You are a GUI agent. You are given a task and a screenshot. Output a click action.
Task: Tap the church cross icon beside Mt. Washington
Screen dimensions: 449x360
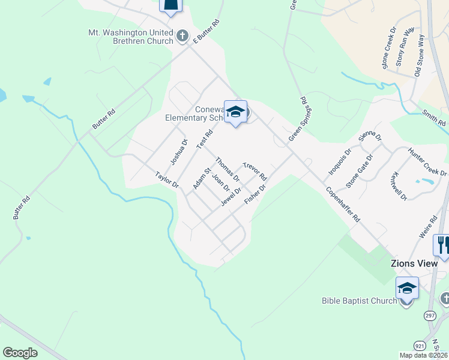tap(182, 37)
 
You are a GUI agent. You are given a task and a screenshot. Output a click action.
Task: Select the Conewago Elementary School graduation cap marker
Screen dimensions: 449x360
tap(235, 112)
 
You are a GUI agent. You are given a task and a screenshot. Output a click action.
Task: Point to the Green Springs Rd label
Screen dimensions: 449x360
tap(298, 119)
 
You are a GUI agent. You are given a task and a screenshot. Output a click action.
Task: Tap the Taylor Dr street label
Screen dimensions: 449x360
tap(167, 180)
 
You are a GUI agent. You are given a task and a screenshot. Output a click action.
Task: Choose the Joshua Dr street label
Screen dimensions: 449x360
tap(179, 151)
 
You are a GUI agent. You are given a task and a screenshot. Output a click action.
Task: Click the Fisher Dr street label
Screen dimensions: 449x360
tap(255, 193)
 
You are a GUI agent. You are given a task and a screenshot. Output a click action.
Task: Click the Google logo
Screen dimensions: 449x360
tap(20, 353)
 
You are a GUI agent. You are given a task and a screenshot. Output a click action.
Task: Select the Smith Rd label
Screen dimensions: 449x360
tap(433, 118)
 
